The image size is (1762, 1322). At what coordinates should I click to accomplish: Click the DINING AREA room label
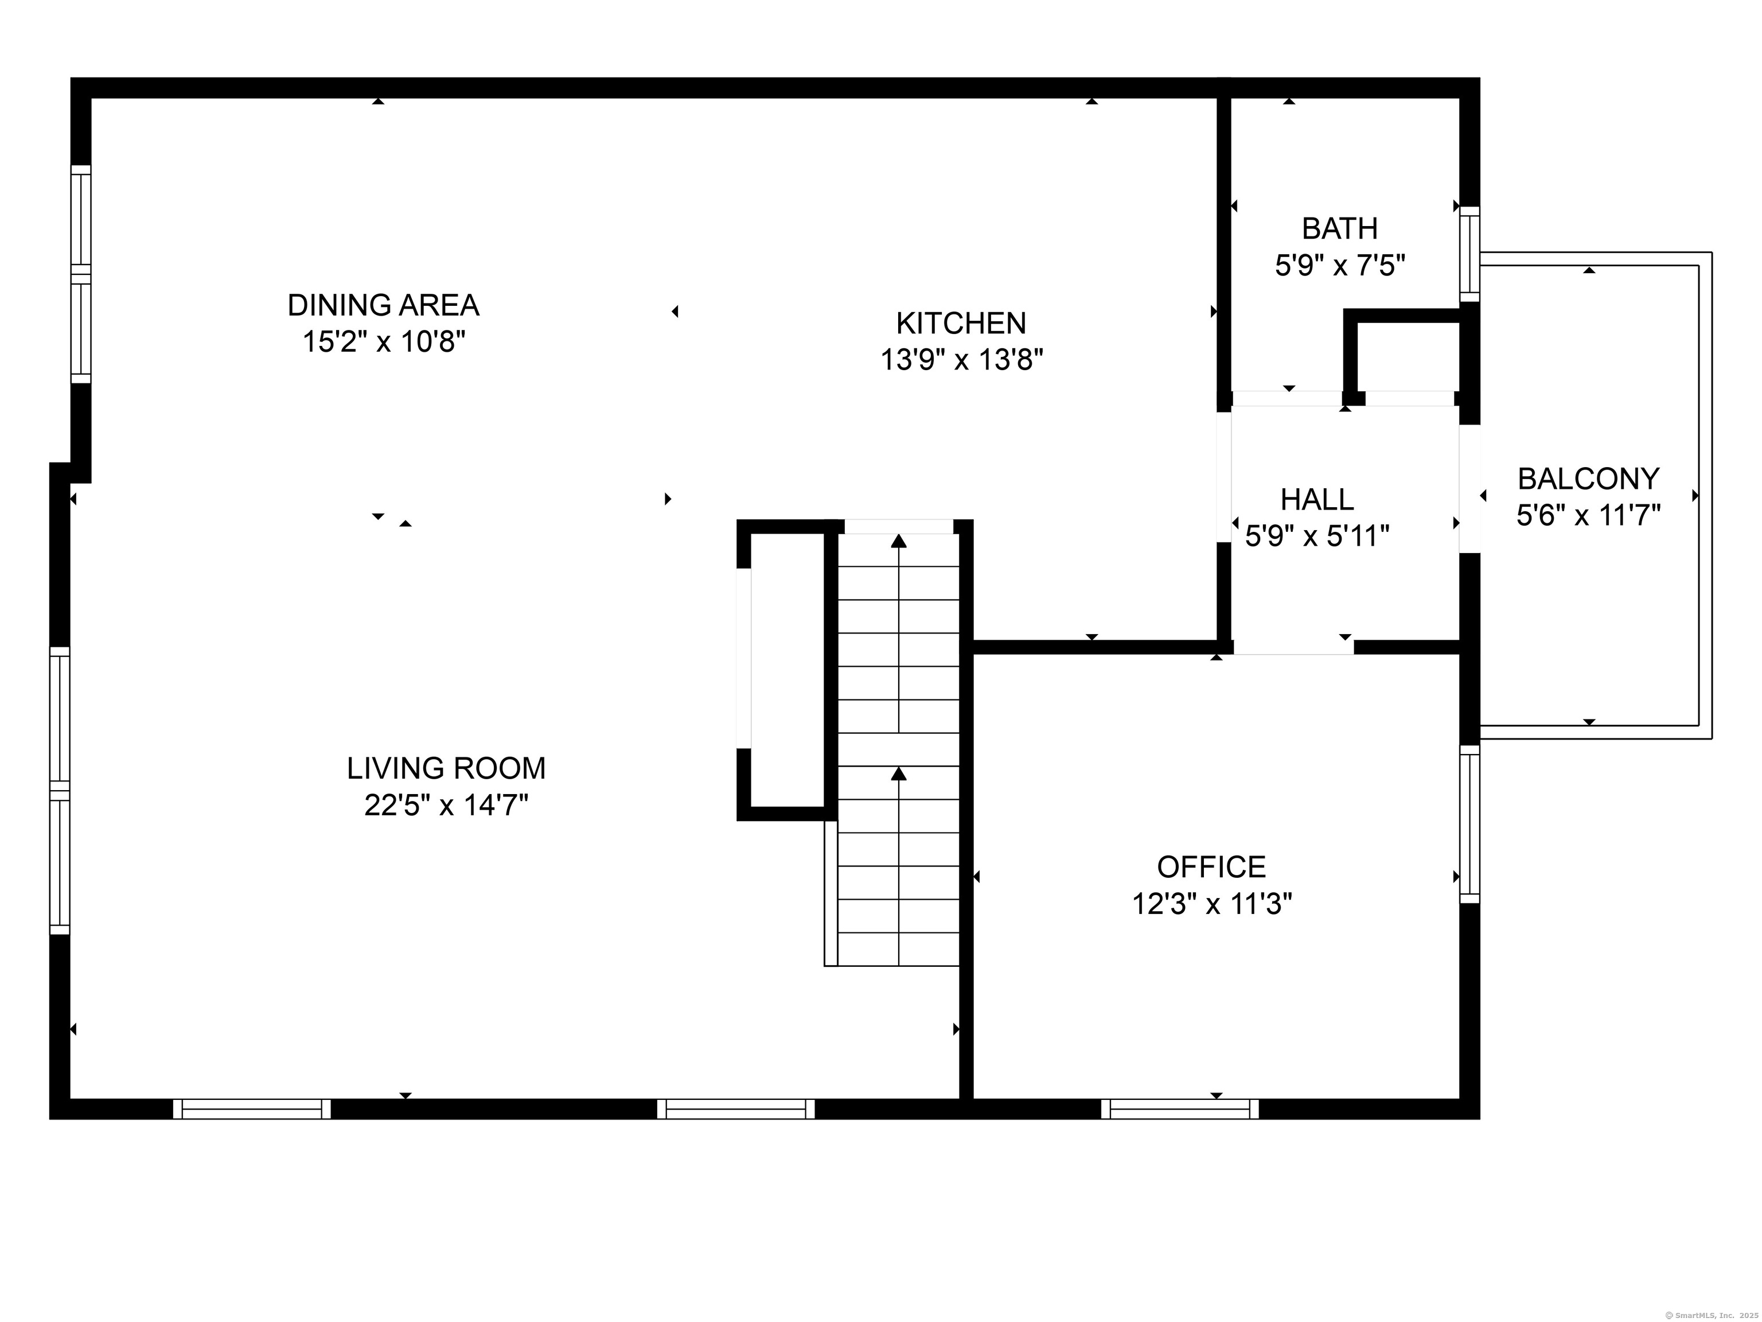[x=383, y=305]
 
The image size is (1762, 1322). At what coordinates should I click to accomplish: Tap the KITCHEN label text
[x=961, y=324]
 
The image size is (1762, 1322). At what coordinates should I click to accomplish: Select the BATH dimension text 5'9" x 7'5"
[x=1340, y=265]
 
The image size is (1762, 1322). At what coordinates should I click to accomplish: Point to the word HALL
[x=1317, y=500]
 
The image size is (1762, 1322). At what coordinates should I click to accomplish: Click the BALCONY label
[x=1588, y=479]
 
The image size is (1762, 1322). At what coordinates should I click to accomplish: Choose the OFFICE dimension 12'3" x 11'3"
[x=1211, y=904]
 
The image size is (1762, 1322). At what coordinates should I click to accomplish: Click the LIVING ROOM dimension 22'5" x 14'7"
[x=446, y=806]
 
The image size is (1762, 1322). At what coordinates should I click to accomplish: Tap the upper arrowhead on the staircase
[x=899, y=541]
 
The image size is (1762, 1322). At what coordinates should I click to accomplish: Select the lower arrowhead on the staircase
[x=899, y=773]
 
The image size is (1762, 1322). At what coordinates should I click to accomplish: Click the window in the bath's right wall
[x=1469, y=254]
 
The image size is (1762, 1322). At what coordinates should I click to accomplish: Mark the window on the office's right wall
[x=1469, y=824]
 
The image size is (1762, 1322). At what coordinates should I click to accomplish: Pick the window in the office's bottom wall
[x=1180, y=1109]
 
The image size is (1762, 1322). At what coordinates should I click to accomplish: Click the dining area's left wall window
[x=81, y=274]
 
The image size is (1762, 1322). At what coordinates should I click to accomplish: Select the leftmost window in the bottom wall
[x=252, y=1109]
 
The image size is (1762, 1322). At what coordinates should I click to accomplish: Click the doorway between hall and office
[x=1293, y=647]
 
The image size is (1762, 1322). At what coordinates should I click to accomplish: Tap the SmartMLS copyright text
[x=1711, y=1314]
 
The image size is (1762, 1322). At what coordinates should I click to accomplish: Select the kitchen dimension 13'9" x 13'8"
[x=961, y=360]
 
